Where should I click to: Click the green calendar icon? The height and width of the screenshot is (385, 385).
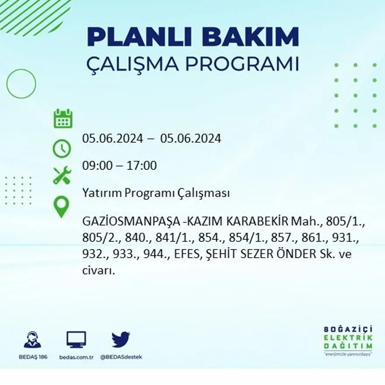coord(63,119)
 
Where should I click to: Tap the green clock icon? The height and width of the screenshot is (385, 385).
coord(62,148)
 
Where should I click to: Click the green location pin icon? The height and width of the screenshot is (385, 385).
coord(61,206)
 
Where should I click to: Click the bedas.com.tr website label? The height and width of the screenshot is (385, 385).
coord(77,357)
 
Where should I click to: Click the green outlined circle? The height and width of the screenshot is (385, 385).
coord(21,83)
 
